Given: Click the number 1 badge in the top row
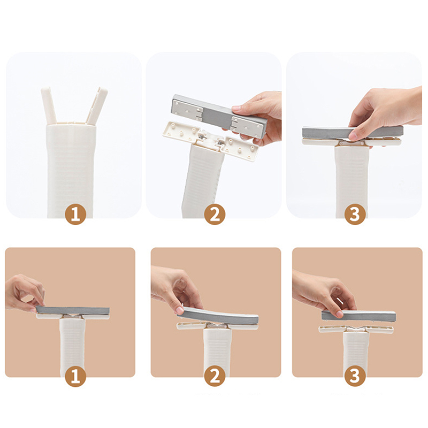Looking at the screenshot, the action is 75,214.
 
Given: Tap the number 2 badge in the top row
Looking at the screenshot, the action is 215,214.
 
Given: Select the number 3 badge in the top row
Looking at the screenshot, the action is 355,214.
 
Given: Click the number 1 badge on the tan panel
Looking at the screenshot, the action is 75,376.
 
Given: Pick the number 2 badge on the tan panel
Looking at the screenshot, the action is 215,376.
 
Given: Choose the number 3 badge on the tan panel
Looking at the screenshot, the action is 355,376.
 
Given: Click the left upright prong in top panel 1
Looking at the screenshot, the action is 49,105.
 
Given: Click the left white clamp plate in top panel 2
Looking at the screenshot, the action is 181,132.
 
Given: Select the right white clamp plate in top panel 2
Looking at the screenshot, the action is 241,148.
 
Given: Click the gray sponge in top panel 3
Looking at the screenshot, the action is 351,133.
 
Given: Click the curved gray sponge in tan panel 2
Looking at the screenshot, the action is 218,316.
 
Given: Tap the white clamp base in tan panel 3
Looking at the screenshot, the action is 357,329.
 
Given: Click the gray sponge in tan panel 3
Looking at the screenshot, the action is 358,316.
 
